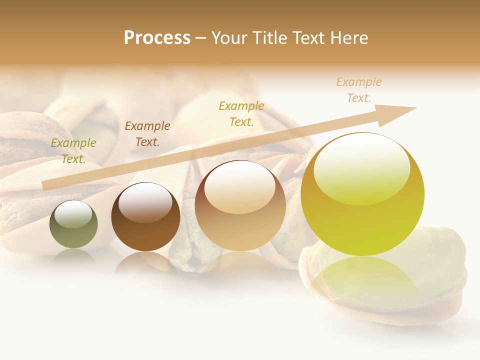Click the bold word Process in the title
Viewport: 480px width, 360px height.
click(157, 38)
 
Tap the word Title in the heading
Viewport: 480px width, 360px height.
click(269, 38)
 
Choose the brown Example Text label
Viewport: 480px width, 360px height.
click(147, 134)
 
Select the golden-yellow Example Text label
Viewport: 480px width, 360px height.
click(241, 114)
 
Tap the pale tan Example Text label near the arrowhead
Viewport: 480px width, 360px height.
click(359, 90)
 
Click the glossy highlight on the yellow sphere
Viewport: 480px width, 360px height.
click(361, 167)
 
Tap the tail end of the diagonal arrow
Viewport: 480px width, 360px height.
click(46, 186)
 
